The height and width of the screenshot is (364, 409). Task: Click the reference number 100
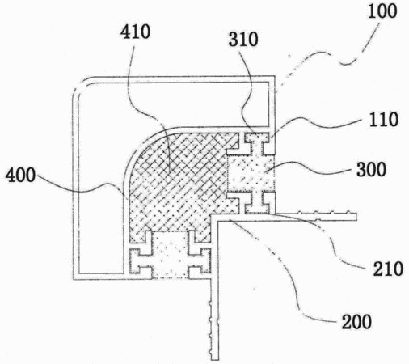tap(382, 11)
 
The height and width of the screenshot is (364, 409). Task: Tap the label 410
tap(135, 32)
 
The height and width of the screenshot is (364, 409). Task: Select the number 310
tap(243, 40)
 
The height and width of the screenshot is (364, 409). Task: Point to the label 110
tap(384, 120)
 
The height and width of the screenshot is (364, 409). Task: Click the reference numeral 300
tap(372, 170)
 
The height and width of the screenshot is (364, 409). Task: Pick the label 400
tap(20, 176)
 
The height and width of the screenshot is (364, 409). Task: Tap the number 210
tap(388, 269)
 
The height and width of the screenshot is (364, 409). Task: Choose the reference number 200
tap(356, 322)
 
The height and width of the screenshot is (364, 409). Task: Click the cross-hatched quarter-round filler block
tap(178, 184)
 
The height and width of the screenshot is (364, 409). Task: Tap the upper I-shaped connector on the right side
tap(256, 143)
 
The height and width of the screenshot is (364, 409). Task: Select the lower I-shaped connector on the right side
tap(256, 202)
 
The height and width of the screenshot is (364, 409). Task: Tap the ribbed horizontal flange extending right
tap(313, 216)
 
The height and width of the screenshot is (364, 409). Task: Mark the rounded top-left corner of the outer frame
tap(81, 87)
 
